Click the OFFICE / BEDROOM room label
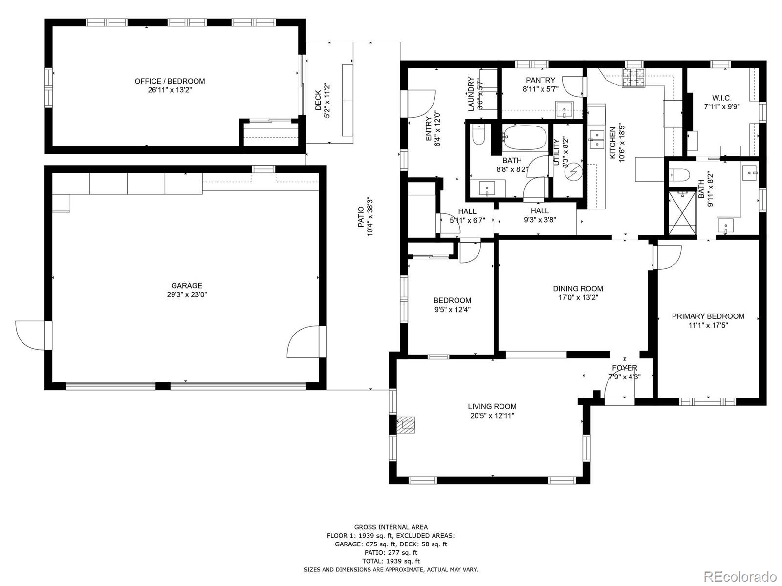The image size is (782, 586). pos(170,81)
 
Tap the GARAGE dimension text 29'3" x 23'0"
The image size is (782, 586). pos(187,294)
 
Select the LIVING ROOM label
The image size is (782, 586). pos(492,406)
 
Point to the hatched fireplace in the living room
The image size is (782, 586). pos(406,425)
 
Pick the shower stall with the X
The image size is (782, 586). pos(682,213)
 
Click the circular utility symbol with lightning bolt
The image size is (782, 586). pos(574,172)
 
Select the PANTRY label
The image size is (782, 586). pos(541,80)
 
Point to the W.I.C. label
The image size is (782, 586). pos(722,98)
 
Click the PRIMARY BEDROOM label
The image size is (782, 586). pos(708,316)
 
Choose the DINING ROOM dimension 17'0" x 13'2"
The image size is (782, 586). pos(578,298)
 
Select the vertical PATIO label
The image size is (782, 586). pos(360,217)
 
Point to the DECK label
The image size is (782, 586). pos(318,100)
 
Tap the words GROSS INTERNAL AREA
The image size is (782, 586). pos(391,527)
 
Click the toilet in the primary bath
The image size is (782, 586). pos(679,175)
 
